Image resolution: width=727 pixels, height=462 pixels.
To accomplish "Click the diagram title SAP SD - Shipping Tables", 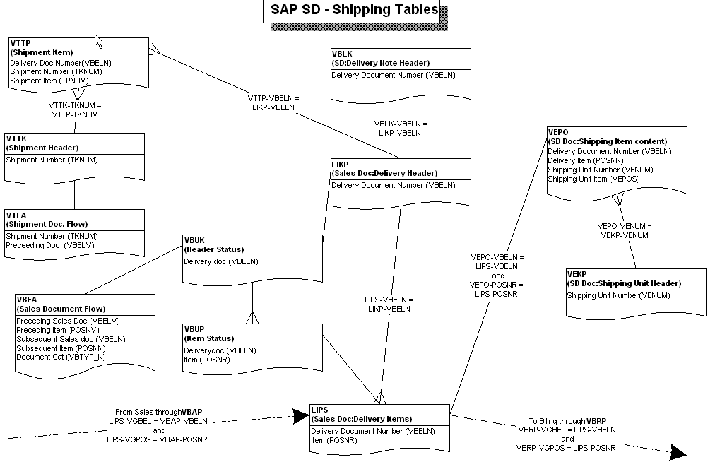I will point(354,11).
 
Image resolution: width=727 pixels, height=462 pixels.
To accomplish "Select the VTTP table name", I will point(20,44).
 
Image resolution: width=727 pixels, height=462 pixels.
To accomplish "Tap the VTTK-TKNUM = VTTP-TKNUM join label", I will point(74,109).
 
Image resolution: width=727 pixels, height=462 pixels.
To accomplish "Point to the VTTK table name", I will point(17,139).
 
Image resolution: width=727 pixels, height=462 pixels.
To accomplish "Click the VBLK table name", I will point(343,54).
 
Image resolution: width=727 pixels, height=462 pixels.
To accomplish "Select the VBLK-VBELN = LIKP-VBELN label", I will point(401,128).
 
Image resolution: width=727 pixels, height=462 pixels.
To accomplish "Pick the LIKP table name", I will point(340,164).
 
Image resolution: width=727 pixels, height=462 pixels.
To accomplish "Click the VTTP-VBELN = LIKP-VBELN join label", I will point(273,102).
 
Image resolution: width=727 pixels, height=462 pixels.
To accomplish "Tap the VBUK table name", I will point(194,240).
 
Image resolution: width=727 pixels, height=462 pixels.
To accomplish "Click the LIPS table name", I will point(319,410).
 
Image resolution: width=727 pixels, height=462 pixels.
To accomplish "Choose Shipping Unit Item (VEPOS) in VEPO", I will point(593,179).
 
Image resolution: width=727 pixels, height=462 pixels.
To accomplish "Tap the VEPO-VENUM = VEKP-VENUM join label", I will point(624,231).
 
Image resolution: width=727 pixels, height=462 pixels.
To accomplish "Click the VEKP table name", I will point(577,274).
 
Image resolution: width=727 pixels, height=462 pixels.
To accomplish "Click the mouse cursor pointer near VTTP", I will point(98,40).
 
